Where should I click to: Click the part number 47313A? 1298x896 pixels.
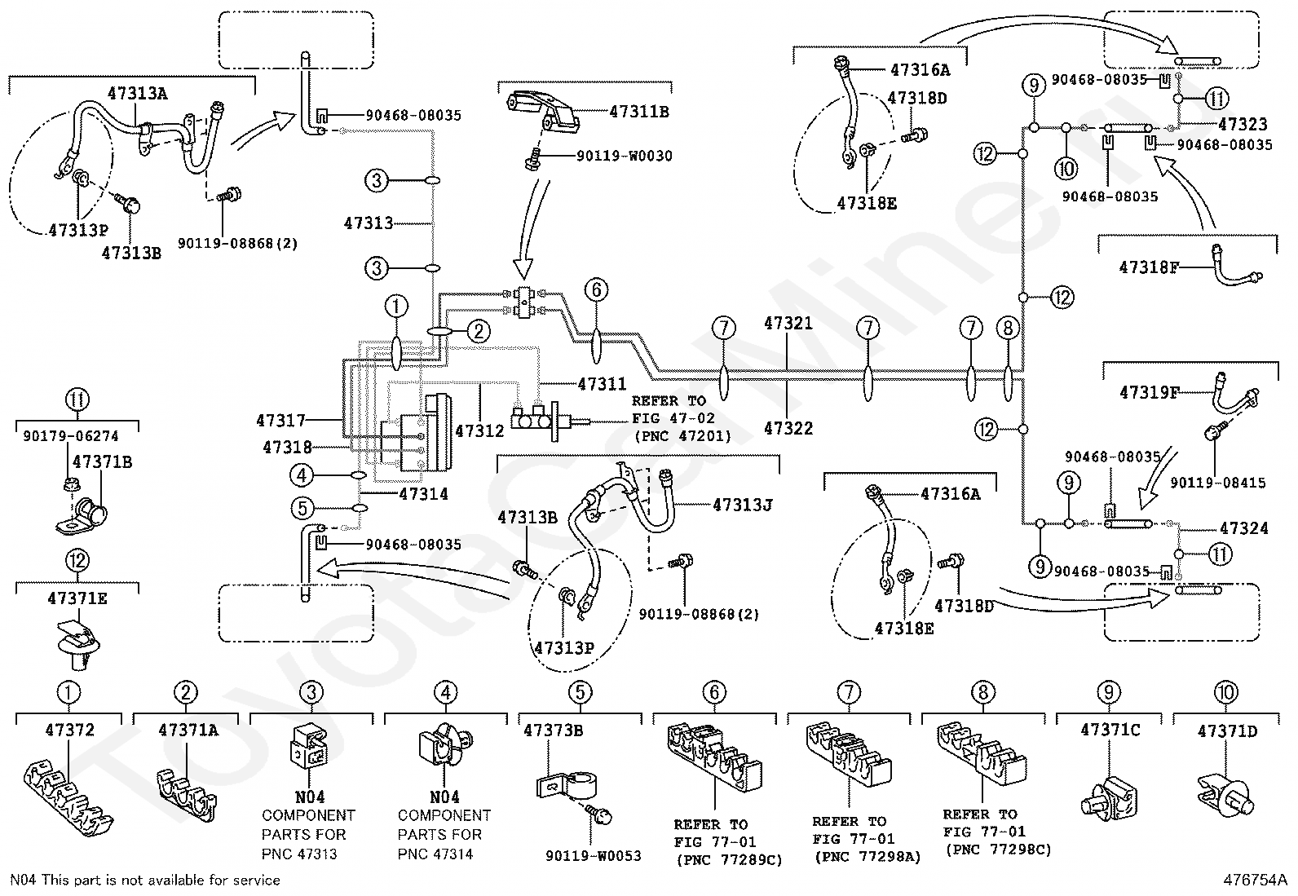coord(137,93)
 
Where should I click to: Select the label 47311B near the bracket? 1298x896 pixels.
coord(638,113)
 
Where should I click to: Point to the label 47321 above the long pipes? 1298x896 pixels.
coord(788,323)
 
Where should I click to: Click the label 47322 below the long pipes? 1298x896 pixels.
coord(788,428)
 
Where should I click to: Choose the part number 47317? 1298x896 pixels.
coord(280,421)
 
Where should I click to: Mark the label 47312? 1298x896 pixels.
coord(479,430)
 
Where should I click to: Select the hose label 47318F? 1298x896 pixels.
coord(1150,267)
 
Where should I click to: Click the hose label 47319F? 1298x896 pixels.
coord(1150,393)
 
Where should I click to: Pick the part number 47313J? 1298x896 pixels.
coord(742,505)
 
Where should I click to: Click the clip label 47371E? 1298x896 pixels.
coord(77,598)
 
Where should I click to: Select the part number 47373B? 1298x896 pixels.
coord(553,730)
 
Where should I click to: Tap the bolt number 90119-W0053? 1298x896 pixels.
coord(593,855)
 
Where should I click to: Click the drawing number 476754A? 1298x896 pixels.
coord(1254,880)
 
